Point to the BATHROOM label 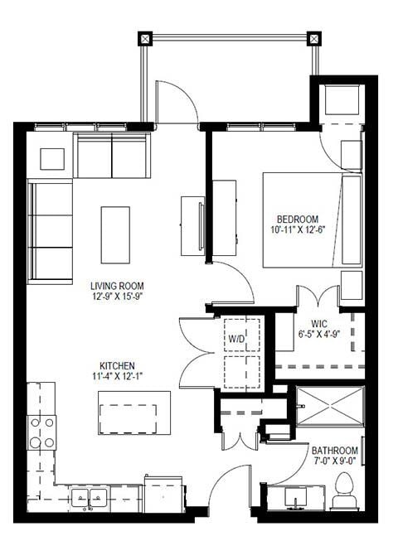[x=335, y=451]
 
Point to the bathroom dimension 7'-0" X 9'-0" [x=335, y=462]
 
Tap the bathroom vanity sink [x=296, y=499]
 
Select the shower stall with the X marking [x=331, y=406]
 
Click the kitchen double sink [x=90, y=498]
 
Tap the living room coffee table [x=115, y=233]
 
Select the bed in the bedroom [x=312, y=220]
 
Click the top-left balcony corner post [x=146, y=38]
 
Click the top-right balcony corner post [x=313, y=38]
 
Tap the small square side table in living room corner [x=51, y=158]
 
